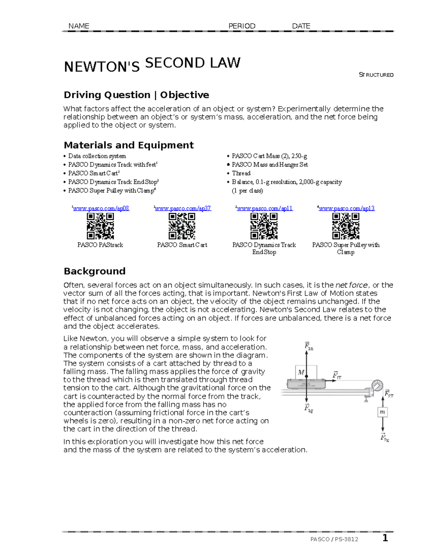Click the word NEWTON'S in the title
(102, 67)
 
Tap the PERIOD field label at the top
(242, 26)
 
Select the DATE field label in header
(301, 26)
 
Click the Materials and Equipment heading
(129, 145)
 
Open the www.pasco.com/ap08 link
(101, 208)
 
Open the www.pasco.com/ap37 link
(183, 208)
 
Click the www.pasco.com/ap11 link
(265, 208)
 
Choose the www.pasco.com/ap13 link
(346, 208)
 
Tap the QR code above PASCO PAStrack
(100, 226)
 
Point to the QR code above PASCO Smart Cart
(182, 226)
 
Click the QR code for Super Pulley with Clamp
(346, 226)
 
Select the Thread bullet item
(241, 173)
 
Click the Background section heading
(94, 271)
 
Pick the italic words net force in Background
(351, 285)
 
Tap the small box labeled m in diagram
(382, 412)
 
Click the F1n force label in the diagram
(309, 346)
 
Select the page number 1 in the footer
(385, 538)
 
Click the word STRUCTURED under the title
(376, 75)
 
